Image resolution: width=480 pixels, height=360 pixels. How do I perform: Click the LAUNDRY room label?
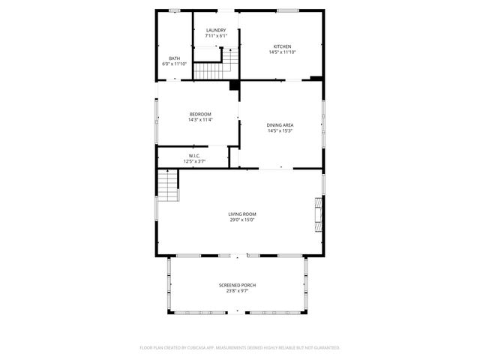216,30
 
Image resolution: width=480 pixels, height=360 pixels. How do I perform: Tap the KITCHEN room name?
282,46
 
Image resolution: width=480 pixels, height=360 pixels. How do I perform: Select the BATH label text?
174,58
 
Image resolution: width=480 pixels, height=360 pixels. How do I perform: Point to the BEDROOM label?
200,114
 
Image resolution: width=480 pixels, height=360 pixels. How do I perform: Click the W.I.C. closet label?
194,155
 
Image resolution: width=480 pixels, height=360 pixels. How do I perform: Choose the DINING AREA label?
280,125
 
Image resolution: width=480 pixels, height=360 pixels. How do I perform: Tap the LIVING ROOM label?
241,214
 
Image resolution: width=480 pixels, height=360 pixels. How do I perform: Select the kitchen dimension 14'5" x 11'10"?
282,52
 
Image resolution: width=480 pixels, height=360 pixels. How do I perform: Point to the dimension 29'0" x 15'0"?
241,220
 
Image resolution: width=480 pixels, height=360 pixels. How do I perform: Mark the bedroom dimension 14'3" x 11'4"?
200,119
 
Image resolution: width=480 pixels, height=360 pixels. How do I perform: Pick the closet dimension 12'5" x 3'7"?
194,160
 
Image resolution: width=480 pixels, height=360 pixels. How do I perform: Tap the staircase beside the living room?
168,185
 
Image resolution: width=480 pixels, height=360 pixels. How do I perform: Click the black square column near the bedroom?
234,85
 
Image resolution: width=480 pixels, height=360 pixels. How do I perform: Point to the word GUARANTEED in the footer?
325,348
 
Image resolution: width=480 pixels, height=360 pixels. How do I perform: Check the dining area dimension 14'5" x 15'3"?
280,131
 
